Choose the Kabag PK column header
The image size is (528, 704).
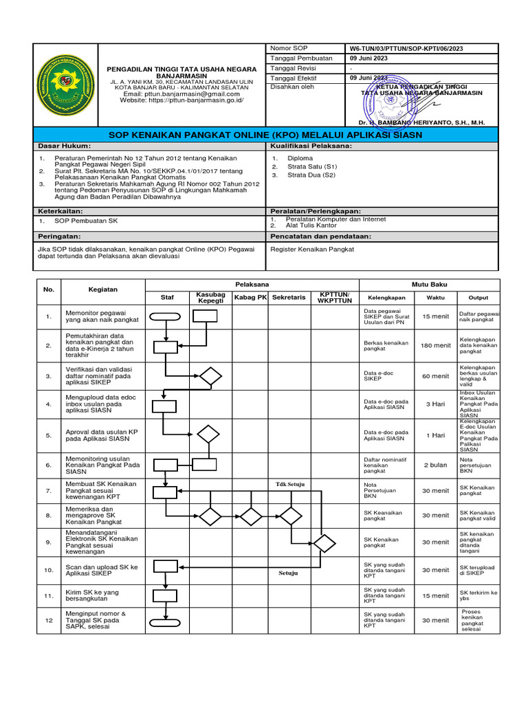250,297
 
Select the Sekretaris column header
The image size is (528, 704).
289,297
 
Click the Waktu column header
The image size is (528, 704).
435,298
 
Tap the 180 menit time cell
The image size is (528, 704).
435,346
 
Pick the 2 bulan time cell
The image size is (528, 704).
435,465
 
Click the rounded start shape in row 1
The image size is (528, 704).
165,316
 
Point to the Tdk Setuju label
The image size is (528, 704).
289,484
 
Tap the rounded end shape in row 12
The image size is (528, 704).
165,624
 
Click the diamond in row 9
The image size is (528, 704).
324,543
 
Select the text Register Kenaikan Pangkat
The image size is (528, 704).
313,250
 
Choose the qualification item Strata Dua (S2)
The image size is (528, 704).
313,175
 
